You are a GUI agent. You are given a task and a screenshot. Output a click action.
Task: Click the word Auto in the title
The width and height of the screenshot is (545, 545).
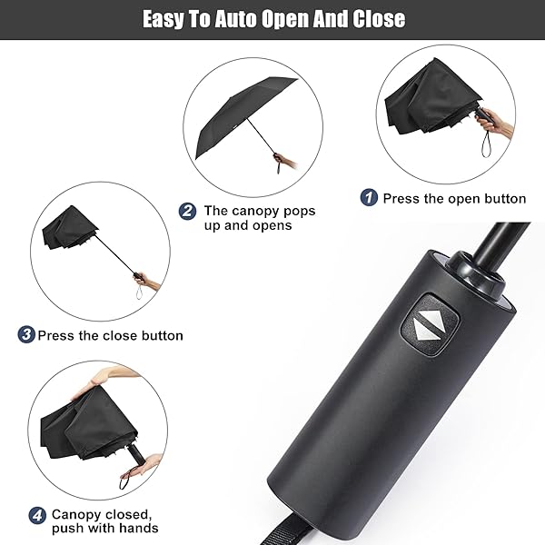(235, 19)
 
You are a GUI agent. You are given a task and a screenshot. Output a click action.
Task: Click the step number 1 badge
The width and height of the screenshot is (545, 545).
(369, 197)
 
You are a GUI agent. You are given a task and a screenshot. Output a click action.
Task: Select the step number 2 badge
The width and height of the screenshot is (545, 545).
(187, 211)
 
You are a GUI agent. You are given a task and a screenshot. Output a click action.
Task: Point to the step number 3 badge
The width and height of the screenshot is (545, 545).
(26, 334)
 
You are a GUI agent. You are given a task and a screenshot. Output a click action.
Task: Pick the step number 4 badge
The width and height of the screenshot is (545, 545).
(37, 515)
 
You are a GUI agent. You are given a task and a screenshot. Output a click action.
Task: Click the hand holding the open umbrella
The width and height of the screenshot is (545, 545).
(286, 160)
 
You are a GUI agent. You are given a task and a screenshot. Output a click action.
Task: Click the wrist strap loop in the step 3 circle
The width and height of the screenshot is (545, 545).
(140, 292)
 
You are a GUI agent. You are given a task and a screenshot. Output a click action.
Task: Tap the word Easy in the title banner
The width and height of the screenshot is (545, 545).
(163, 19)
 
